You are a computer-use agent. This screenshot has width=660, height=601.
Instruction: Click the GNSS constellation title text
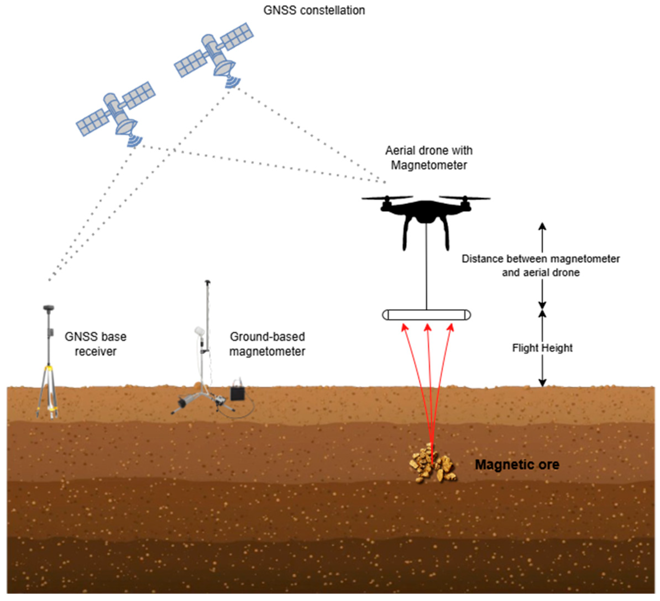(314, 11)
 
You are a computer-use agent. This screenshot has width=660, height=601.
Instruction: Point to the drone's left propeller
(387, 198)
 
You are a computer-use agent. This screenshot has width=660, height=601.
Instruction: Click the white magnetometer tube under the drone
(426, 315)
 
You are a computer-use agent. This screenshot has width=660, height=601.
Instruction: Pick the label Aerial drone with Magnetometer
(429, 158)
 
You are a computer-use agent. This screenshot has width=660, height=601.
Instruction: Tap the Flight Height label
(542, 348)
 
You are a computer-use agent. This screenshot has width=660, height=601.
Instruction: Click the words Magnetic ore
(517, 464)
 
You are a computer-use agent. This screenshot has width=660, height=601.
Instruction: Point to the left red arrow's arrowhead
(405, 328)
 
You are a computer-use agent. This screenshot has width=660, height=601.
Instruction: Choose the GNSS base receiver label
(95, 344)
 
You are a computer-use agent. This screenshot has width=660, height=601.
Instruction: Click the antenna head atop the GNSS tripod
(48, 308)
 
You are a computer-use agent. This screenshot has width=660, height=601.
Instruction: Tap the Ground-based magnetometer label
(267, 344)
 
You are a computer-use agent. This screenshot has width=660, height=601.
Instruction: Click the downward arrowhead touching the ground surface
(543, 383)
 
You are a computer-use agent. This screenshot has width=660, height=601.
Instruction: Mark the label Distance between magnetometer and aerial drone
(541, 266)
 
